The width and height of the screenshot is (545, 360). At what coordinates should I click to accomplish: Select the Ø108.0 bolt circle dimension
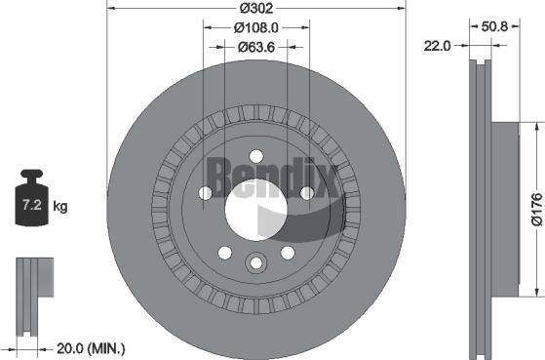pos(256,28)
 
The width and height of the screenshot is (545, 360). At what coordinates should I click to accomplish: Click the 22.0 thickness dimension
pos(437,45)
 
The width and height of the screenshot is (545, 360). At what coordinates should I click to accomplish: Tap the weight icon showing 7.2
pos(31,204)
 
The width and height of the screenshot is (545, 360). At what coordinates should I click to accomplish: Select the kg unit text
pos(60,207)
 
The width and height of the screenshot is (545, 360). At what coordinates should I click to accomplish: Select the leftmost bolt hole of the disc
pos(205,193)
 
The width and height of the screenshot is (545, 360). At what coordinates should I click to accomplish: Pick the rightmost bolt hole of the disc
pos(307,193)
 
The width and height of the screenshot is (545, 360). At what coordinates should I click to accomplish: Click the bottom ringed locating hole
pos(256,261)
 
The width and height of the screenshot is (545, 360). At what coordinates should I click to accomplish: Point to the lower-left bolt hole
pos(224,253)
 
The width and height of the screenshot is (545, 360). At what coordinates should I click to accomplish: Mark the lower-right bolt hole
pos(289,253)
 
